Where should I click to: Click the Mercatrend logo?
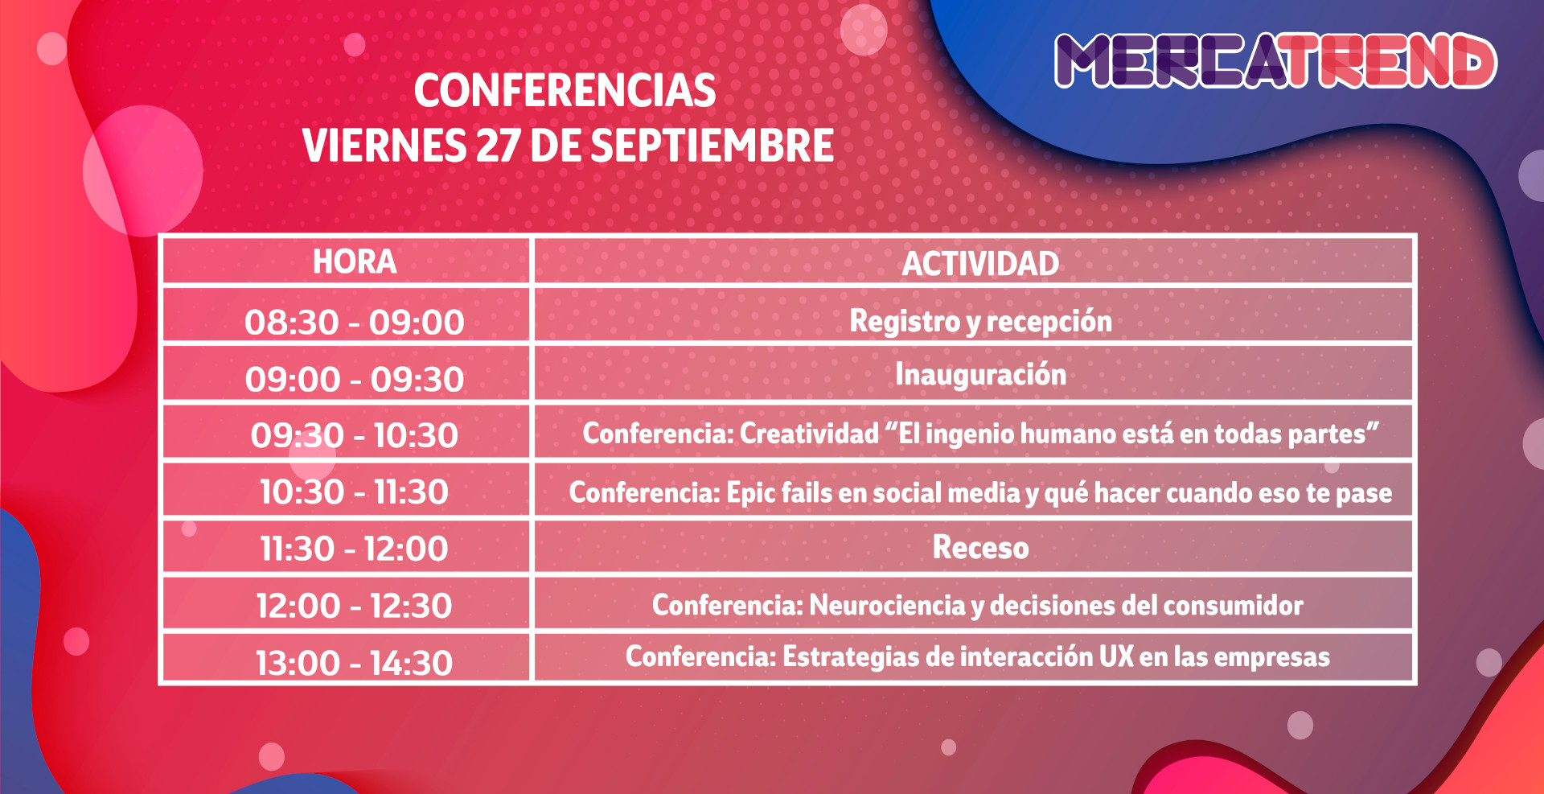[x=1275, y=60]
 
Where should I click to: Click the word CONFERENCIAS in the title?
[x=565, y=90]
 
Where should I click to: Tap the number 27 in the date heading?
[x=498, y=146]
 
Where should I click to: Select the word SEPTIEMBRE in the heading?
[x=712, y=146]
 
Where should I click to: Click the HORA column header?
[x=355, y=261]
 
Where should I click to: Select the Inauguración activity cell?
[x=981, y=375]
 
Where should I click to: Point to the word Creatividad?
[x=809, y=434]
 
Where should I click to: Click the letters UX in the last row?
[x=1116, y=656]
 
